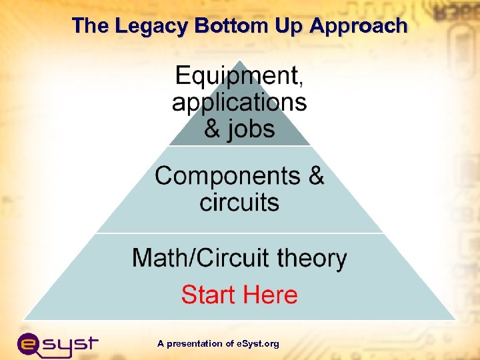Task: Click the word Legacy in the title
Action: pos(152,26)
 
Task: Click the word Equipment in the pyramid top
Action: pos(236,76)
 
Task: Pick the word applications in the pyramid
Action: pos(239,102)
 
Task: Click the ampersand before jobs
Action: pos(212,128)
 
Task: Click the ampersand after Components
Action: pos(315,176)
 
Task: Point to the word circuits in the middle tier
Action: pos(239,202)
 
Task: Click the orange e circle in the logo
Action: pos(31,344)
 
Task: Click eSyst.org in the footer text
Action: pos(257,344)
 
